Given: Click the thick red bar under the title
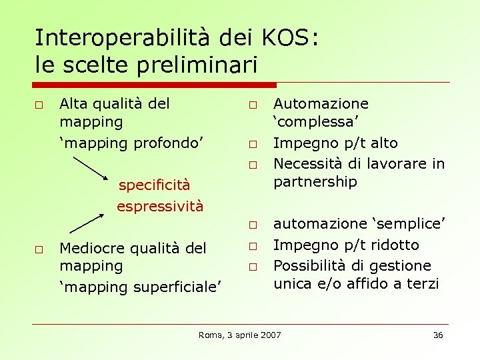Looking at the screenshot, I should [x=155, y=85].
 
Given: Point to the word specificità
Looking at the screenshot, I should [x=154, y=185].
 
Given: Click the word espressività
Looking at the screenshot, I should [x=160, y=206].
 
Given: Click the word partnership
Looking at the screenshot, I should [x=315, y=182].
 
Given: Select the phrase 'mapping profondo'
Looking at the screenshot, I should [x=131, y=143].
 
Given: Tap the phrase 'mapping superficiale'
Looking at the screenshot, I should [x=140, y=287].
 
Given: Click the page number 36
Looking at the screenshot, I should [x=438, y=335].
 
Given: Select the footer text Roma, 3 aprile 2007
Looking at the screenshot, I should [x=240, y=335].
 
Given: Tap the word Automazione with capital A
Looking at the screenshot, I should [x=321, y=104].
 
